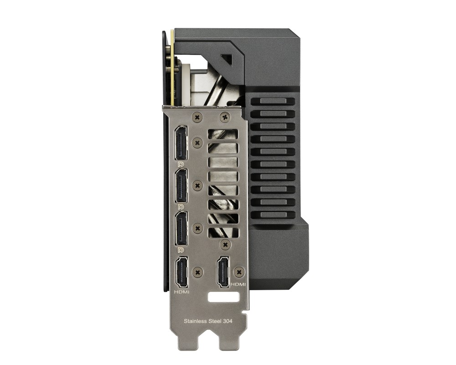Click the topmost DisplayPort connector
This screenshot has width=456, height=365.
pos(181,143)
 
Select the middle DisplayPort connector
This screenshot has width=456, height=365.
pos(181,186)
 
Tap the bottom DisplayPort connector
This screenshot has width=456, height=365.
pos(181,229)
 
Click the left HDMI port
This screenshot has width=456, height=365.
pos(181,272)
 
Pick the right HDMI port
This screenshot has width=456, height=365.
pos(223,272)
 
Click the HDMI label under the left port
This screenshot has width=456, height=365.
pos(181,292)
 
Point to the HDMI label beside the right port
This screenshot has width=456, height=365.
pos(238,284)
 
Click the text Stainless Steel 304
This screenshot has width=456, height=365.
pos(208,321)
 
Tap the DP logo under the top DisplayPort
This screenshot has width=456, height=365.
pos(181,164)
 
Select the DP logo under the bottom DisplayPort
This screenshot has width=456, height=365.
pos(181,250)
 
